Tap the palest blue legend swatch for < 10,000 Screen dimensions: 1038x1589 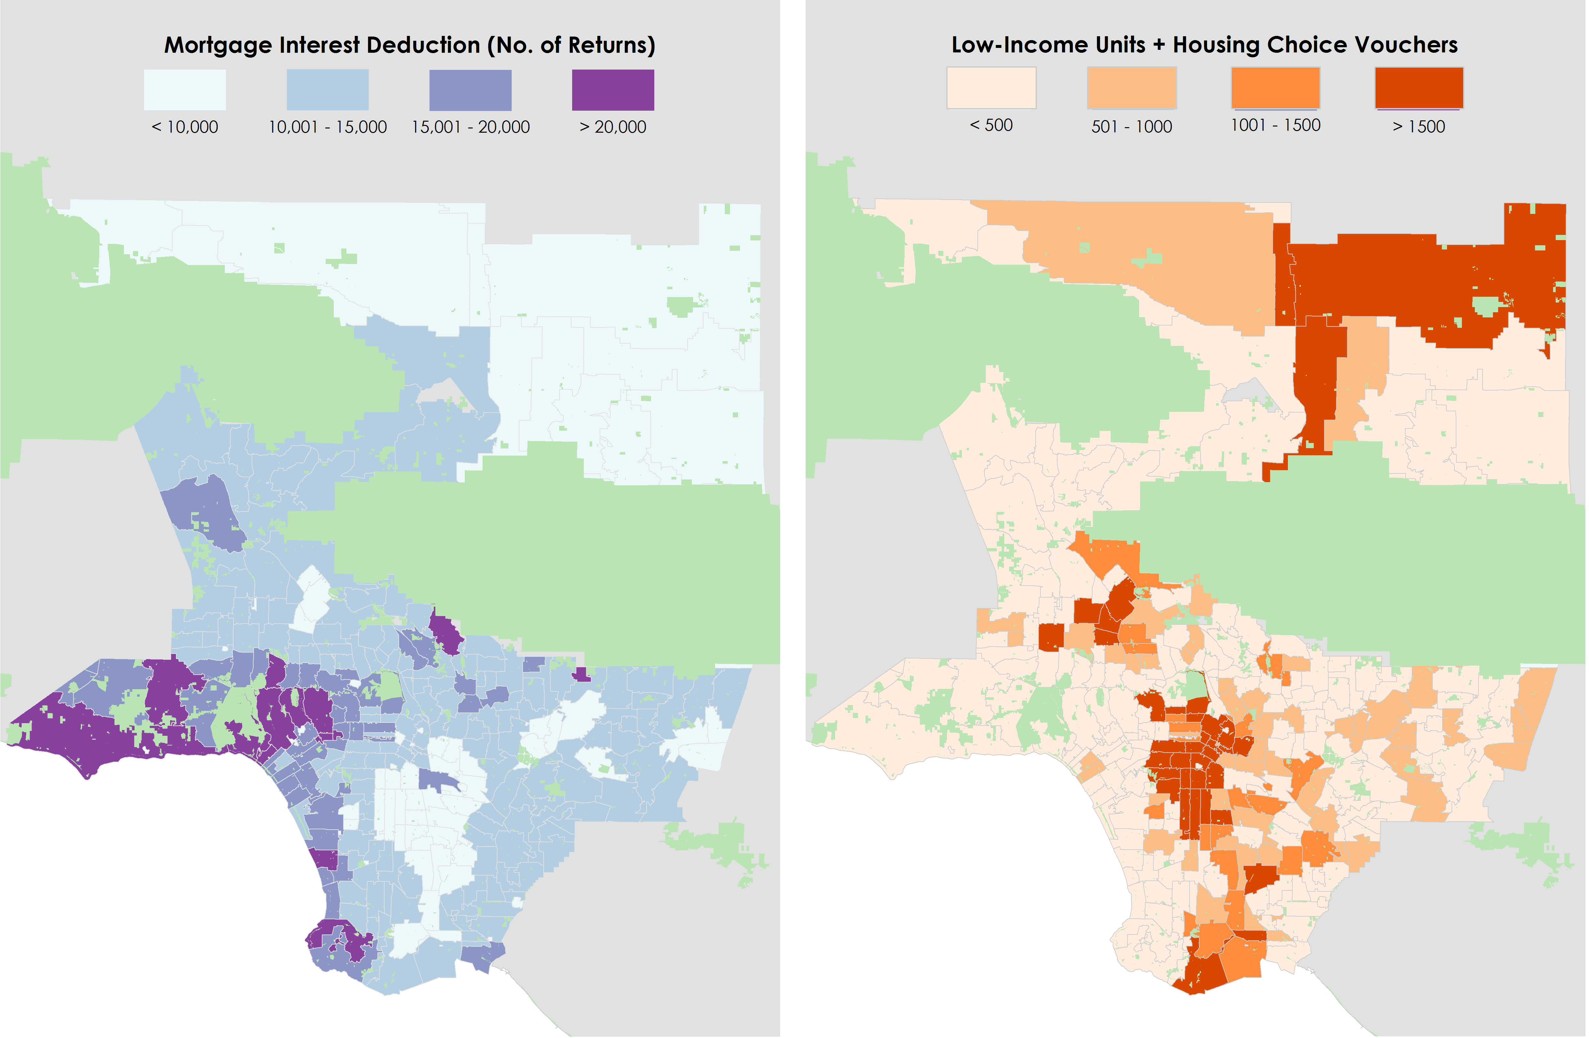point(185,90)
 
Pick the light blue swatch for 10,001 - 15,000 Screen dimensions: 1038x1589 point(327,90)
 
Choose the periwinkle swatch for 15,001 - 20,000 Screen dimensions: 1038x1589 point(470,90)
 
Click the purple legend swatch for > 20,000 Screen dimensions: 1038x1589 point(613,90)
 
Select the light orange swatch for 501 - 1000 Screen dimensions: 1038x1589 point(1132,87)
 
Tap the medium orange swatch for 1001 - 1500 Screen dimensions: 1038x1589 point(1275,87)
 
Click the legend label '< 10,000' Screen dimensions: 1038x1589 point(185,127)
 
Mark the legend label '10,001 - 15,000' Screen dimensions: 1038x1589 point(327,127)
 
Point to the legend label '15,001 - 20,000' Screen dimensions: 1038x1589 point(470,127)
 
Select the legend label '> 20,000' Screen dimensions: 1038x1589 point(613,127)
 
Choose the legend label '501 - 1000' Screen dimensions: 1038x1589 point(1132,126)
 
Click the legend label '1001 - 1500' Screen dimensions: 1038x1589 point(1275,125)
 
